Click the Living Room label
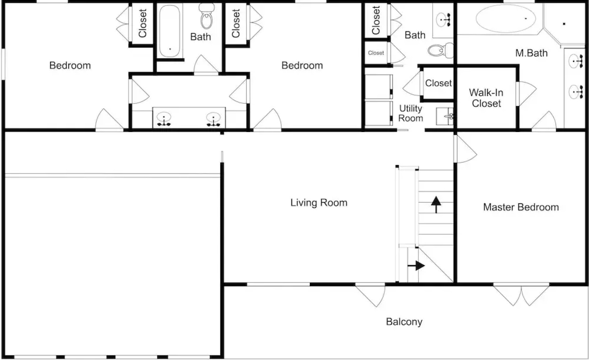319,203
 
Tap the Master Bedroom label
521,207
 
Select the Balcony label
404,322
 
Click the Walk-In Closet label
486,98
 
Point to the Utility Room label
410,113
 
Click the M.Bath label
531,53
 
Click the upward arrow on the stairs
436,204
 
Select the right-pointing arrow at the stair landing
416,266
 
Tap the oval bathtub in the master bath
506,18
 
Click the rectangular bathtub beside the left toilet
170,31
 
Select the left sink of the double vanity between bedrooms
164,118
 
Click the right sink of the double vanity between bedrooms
213,118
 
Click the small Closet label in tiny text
376,53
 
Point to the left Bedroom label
70,65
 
